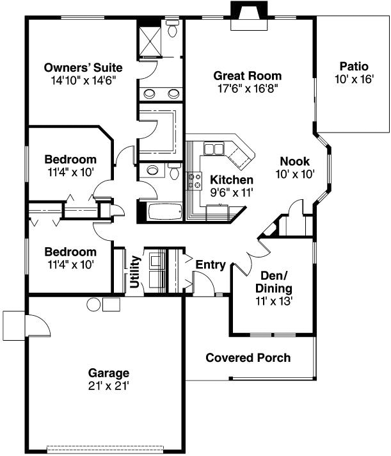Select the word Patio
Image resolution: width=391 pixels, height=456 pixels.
pyautogui.click(x=354, y=65)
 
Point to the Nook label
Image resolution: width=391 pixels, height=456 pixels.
pyautogui.click(x=294, y=161)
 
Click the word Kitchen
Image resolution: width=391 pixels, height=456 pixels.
pyautogui.click(x=232, y=180)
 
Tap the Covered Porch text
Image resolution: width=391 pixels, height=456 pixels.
pyautogui.click(x=248, y=357)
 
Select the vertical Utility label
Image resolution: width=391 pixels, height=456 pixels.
pyautogui.click(x=135, y=273)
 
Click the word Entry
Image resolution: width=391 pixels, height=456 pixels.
pyautogui.click(x=210, y=265)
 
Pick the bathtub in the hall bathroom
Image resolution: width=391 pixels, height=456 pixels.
pyautogui.click(x=160, y=211)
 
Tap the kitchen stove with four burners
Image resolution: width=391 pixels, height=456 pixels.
pyautogui.click(x=193, y=181)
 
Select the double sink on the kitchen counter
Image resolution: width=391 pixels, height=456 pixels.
pyautogui.click(x=214, y=149)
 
